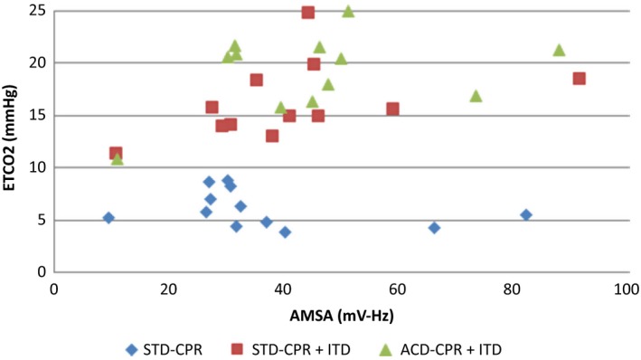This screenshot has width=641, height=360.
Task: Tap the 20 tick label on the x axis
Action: point(168,289)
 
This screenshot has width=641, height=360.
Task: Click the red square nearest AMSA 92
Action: point(580,79)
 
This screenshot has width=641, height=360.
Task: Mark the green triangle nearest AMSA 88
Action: point(559,50)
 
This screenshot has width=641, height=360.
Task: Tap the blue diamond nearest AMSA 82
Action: point(526,214)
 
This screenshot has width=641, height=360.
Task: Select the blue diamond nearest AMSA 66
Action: point(434,228)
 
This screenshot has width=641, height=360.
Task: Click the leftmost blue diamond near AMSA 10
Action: point(108,218)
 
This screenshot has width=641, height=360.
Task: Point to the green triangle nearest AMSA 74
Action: point(476,96)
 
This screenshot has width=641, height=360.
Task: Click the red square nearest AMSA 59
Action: point(392,109)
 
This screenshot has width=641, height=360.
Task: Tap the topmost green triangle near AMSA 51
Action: point(348,12)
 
